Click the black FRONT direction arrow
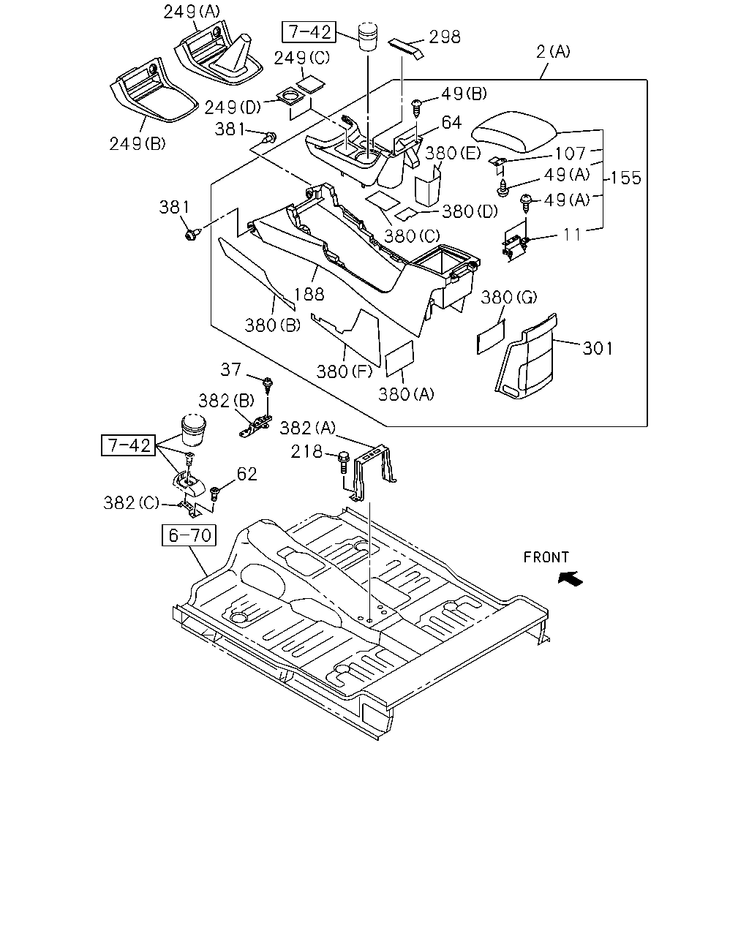coord(570,579)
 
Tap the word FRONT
coord(546,557)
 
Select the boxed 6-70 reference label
coord(189,535)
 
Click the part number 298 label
coord(444,37)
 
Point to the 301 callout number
coord(597,348)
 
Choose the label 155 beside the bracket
coord(626,178)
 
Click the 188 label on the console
coord(309,295)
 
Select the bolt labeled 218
coord(344,462)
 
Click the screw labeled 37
coord(268,386)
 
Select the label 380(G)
coord(509,298)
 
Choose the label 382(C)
coord(132,503)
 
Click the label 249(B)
coord(138,144)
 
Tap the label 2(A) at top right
coord(553,52)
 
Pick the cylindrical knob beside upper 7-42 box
coord(368,36)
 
